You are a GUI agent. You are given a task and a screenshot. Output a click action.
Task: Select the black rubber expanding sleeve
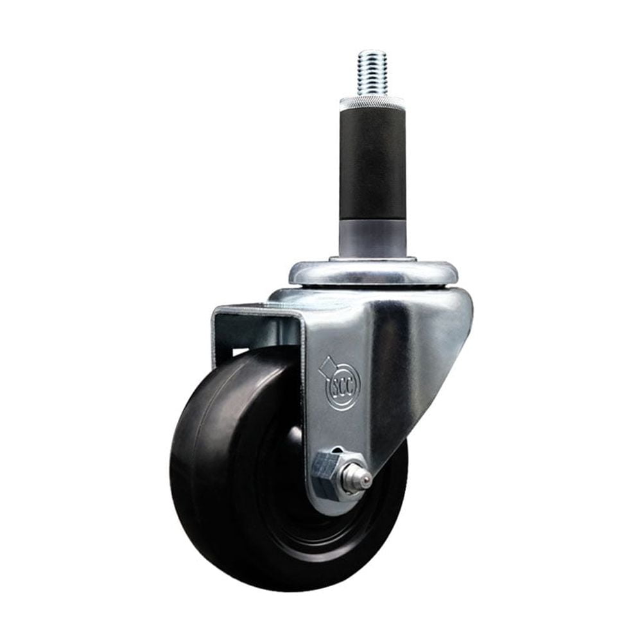coord(372,160)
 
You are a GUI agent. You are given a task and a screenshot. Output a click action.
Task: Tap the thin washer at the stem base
coord(372,259)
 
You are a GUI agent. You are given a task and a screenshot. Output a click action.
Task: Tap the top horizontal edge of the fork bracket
coord(257,309)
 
